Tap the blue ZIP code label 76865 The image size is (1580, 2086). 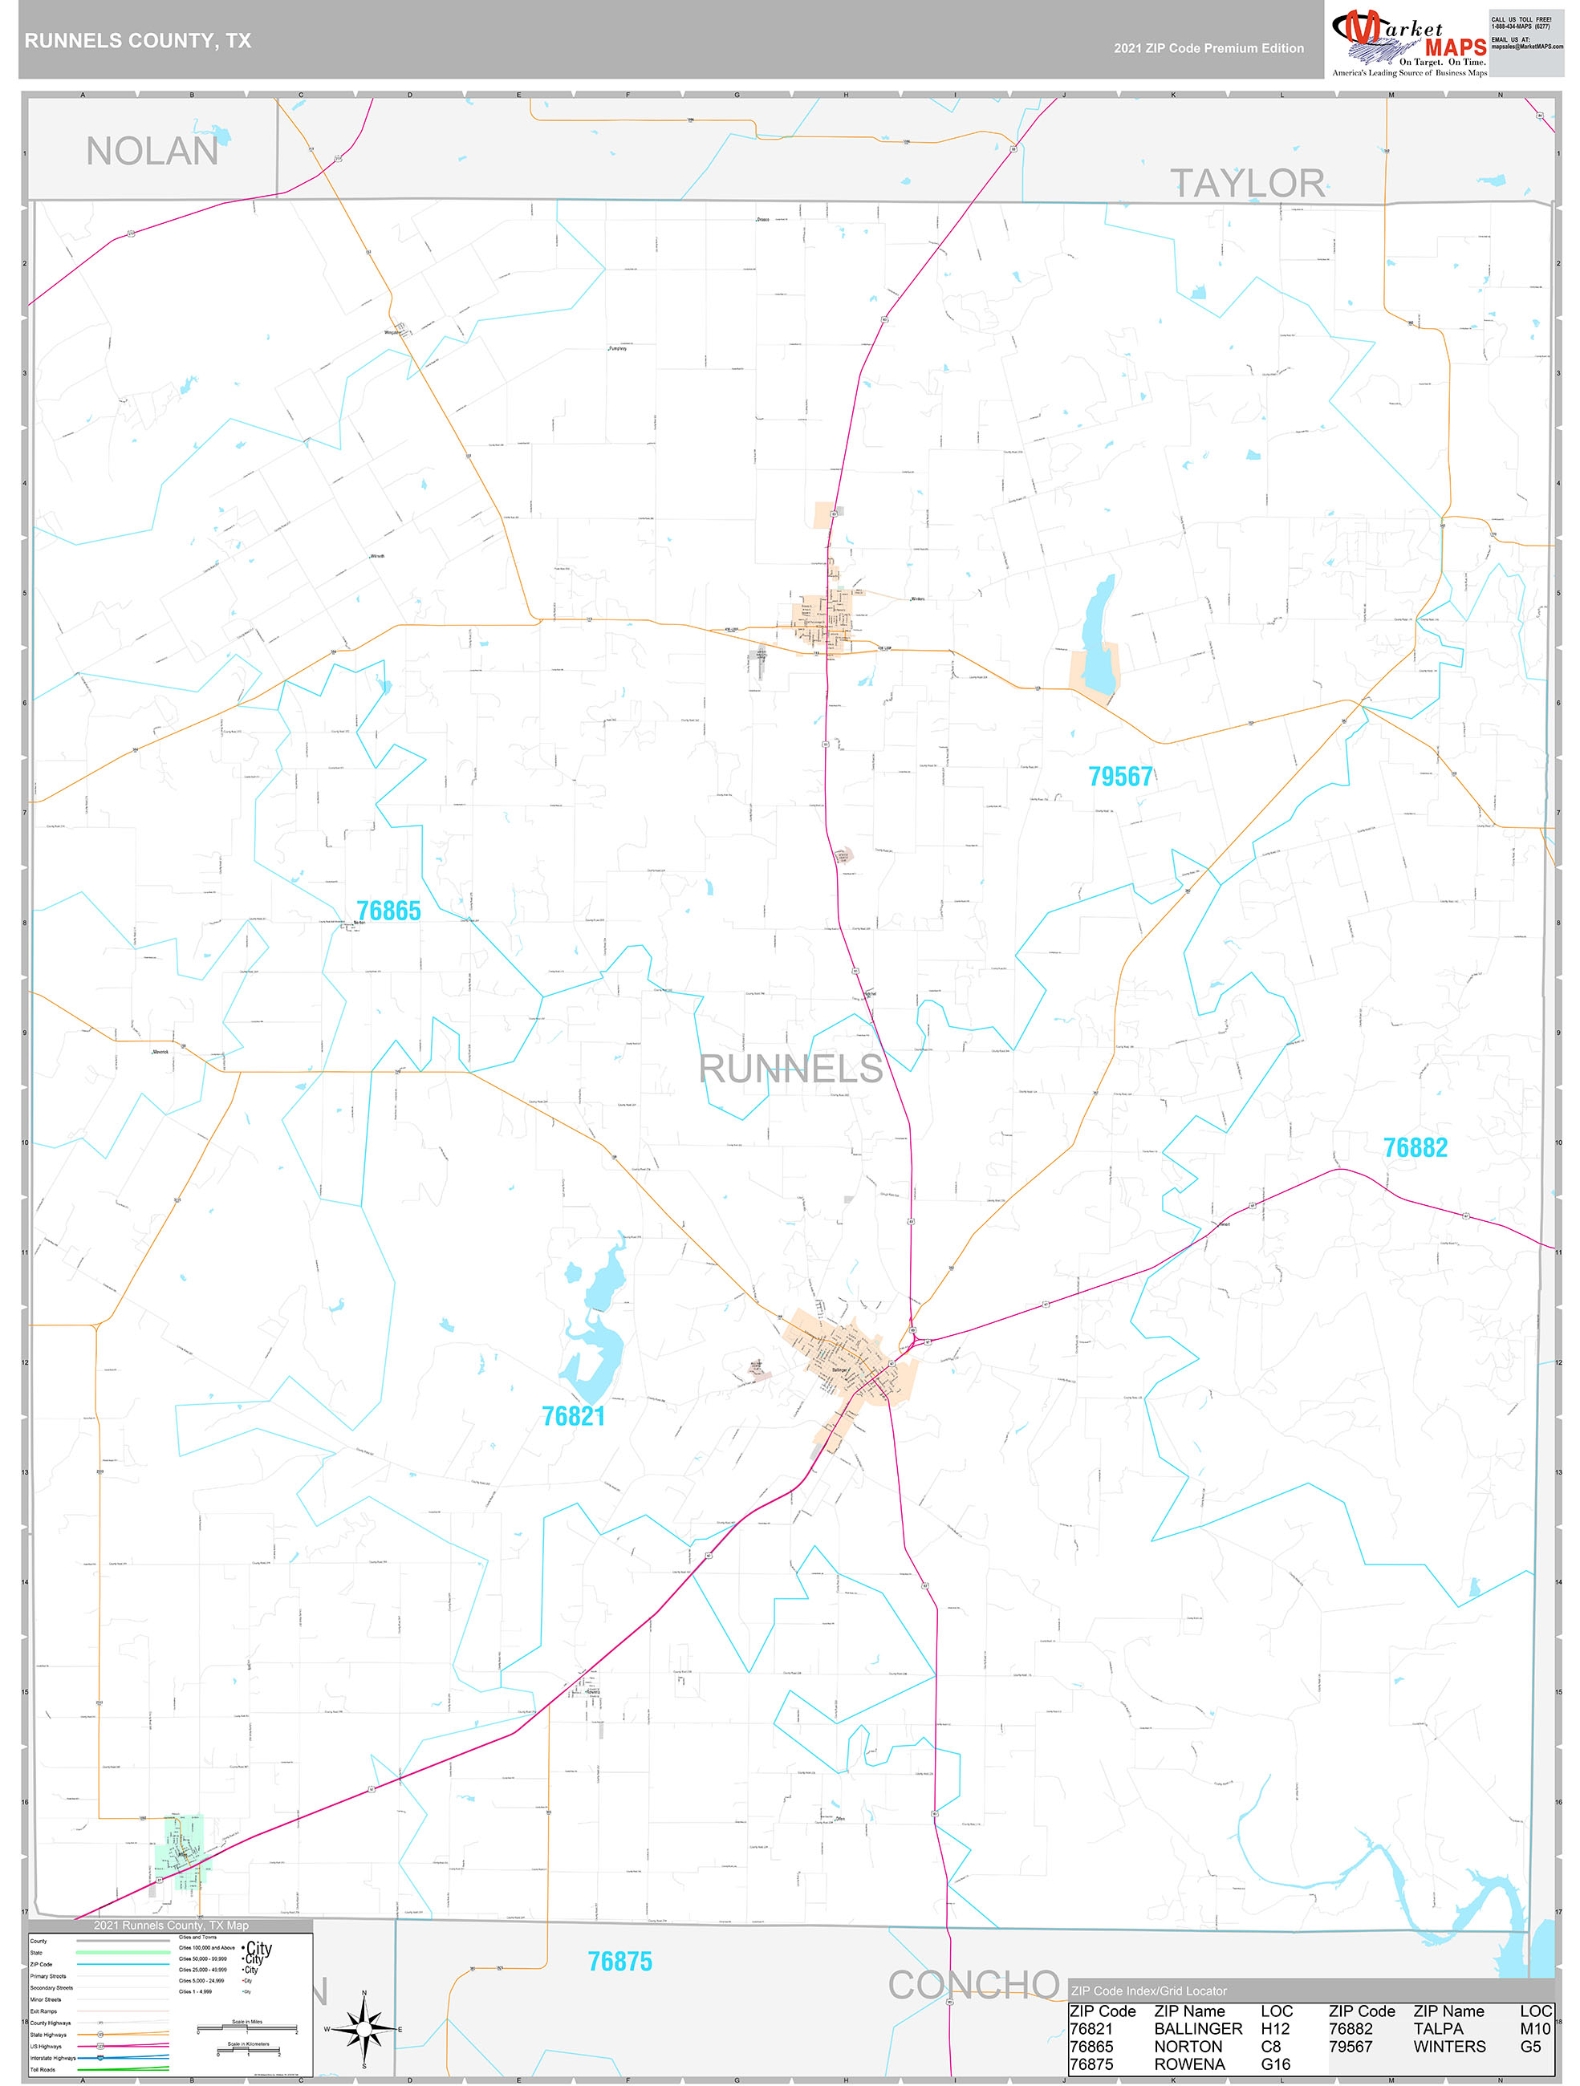(x=388, y=911)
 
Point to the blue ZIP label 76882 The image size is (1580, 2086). (x=1414, y=1147)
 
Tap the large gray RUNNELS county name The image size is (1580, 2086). (x=790, y=1069)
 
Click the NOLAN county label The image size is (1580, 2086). (x=152, y=152)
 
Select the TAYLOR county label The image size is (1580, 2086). (x=1247, y=183)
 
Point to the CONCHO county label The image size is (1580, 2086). (x=973, y=1986)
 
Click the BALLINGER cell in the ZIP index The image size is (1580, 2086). (x=1198, y=2028)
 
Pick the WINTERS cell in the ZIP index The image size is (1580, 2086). (x=1449, y=2047)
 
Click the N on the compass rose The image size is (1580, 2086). (x=364, y=1995)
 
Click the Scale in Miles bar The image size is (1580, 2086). (x=247, y=2031)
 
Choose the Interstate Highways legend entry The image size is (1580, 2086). (x=53, y=2058)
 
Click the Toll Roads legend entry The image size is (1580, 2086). (x=43, y=2070)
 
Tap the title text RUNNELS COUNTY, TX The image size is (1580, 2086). (x=138, y=41)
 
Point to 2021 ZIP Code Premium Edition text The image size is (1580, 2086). (x=1208, y=48)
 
